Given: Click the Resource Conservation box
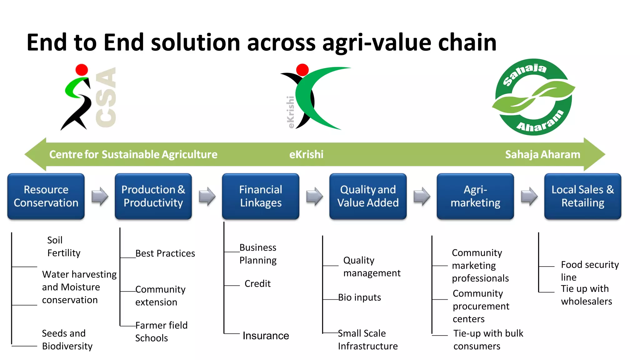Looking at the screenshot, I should pyautogui.click(x=46, y=196).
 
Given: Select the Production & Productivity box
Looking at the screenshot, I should pyautogui.click(x=153, y=196).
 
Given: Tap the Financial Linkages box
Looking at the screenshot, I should pyautogui.click(x=261, y=196).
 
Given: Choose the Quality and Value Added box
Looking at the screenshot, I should pyautogui.click(x=368, y=196).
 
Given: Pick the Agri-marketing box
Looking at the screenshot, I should pyautogui.click(x=475, y=196).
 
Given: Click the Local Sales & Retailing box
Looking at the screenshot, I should pyautogui.click(x=582, y=196).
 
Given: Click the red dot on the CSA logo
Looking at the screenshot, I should pyautogui.click(x=82, y=70).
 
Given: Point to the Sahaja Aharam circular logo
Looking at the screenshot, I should pyautogui.click(x=533, y=97).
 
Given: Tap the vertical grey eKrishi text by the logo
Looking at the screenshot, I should pyautogui.click(x=291, y=112).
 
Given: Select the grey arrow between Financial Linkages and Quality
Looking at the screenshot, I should pyautogui.click(x=314, y=196).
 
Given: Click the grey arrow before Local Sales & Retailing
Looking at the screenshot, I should pyautogui.click(x=529, y=196).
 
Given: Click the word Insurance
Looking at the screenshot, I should pyautogui.click(x=266, y=336).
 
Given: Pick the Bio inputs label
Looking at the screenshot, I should pyautogui.click(x=359, y=297).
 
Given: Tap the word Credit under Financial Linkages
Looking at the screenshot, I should pyautogui.click(x=257, y=283).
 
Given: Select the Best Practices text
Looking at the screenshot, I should pyautogui.click(x=165, y=253).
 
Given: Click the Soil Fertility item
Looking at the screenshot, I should pyautogui.click(x=63, y=246).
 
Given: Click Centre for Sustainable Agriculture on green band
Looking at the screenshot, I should pyautogui.click(x=133, y=154).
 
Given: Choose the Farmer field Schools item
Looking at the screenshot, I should pyautogui.click(x=161, y=332).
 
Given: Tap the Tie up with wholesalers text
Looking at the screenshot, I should pyautogui.click(x=586, y=295).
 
